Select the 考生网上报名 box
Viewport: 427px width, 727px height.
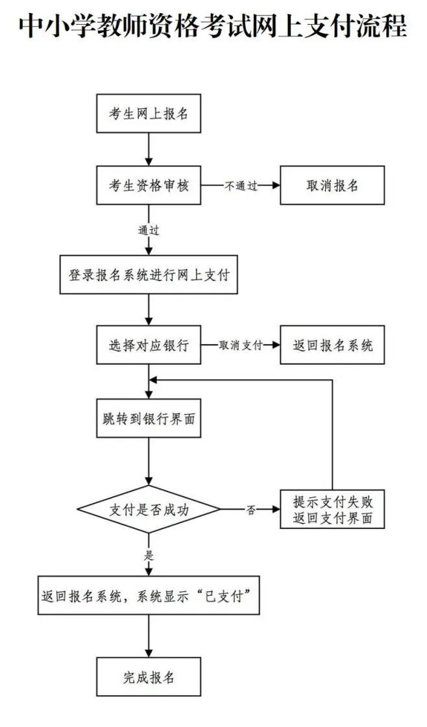coord(149,114)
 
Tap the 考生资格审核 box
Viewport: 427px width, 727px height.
coord(149,185)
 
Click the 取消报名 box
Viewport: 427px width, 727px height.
coord(332,185)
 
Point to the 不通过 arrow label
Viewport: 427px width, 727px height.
coord(241,186)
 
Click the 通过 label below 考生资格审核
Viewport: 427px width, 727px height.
coord(149,230)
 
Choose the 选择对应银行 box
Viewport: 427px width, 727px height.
coord(149,345)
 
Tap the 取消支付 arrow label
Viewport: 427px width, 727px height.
coord(241,346)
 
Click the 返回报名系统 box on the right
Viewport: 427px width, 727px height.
coord(332,345)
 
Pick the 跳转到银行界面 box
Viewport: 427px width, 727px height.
coord(149,419)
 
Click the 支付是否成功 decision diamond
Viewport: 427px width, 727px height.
coord(149,510)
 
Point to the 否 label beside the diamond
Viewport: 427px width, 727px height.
coord(250,510)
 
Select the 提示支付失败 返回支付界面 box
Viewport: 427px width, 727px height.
coord(332,510)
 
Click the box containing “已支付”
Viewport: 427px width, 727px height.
coord(149,595)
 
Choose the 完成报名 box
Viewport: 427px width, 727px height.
coord(149,677)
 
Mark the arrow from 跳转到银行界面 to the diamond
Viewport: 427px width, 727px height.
coord(149,461)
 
